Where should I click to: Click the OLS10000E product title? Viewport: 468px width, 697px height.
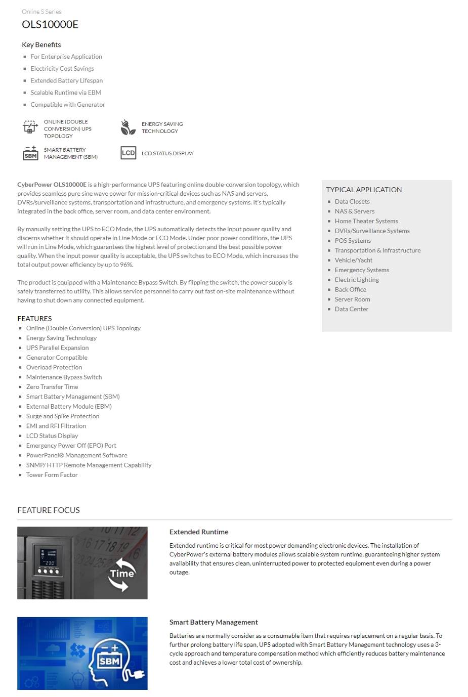[x=50, y=24]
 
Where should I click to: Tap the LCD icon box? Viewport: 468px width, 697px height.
[x=129, y=153]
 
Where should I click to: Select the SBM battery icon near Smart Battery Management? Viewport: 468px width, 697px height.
[x=30, y=153]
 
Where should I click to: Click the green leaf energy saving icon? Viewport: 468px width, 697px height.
[x=128, y=127]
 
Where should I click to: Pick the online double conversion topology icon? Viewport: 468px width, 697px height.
[x=30, y=127]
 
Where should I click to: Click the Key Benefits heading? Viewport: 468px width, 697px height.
[x=41, y=45]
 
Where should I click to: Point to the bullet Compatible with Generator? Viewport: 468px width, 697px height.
[x=68, y=105]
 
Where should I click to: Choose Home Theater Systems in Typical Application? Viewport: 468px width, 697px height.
[x=366, y=221]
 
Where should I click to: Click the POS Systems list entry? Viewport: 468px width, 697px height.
[x=353, y=241]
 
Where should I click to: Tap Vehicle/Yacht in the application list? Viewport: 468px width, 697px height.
[x=354, y=260]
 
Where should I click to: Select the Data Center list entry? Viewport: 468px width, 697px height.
[x=352, y=309]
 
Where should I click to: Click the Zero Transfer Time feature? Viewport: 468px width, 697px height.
[x=52, y=387]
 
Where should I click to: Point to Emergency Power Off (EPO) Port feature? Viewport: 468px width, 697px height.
[x=71, y=446]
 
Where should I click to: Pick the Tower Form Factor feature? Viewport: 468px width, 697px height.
[x=52, y=475]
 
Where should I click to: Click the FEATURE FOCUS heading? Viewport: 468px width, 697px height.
[x=49, y=510]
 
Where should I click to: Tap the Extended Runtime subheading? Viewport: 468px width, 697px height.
[x=199, y=532]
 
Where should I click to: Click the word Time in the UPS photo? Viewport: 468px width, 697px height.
[x=122, y=574]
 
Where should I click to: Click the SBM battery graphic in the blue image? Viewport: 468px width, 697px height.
[x=109, y=660]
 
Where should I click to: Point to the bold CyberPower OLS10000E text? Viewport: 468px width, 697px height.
[x=52, y=185]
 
